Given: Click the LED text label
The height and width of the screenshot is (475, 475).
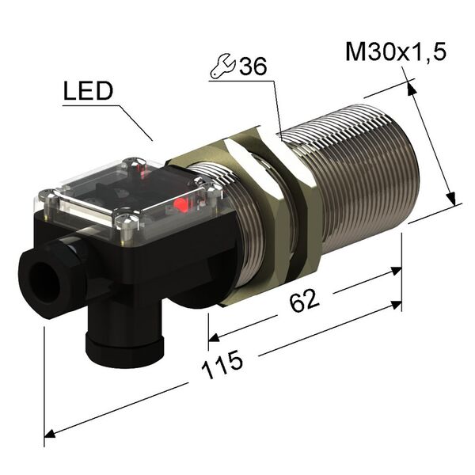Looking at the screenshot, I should click(x=88, y=93).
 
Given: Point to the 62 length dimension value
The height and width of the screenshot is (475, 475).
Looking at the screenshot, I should click(x=306, y=300).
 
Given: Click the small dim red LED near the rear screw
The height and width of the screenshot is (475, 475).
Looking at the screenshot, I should click(x=143, y=169).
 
